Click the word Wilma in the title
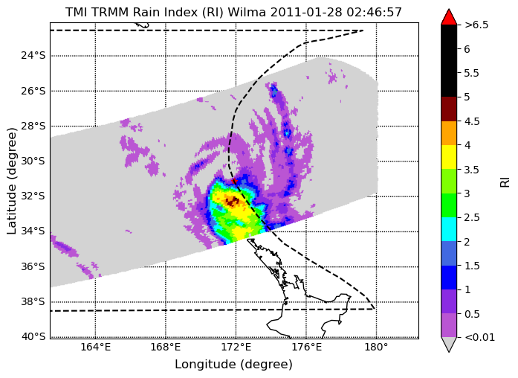click(247, 12)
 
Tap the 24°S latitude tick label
click(33, 55)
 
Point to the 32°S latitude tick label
click(33, 196)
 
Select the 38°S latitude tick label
click(33, 301)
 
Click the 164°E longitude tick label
click(96, 347)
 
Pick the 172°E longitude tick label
click(236, 347)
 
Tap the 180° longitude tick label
click(377, 347)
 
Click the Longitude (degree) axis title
click(233, 365)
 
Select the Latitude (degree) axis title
click(12, 181)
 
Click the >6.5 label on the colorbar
click(476, 25)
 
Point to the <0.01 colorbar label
click(479, 337)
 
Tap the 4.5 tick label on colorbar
click(472, 121)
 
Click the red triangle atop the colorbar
click(449, 17)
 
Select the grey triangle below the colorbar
click(449, 345)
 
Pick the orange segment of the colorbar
click(449, 133)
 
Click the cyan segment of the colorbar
click(449, 229)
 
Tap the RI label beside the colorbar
click(505, 182)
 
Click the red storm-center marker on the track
click(235, 182)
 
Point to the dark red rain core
click(232, 201)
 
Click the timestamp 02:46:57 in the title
click(374, 12)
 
